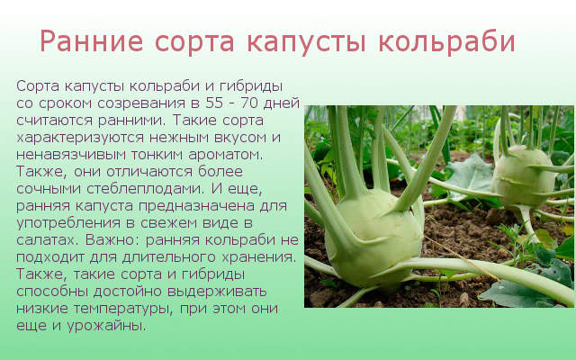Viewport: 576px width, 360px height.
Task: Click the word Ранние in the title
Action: coord(92,41)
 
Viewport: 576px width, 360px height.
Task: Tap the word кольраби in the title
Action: coord(446,41)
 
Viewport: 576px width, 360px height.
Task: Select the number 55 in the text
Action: coord(214,103)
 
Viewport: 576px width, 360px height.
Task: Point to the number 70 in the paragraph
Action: coord(249,103)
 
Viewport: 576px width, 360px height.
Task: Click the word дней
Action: coord(282,104)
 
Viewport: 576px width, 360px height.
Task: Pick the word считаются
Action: coord(54,121)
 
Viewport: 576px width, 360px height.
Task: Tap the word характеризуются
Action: coord(80,138)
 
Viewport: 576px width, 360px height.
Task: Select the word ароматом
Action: coord(226,155)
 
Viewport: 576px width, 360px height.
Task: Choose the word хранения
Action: coord(258,257)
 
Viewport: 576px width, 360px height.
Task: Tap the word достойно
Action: coord(128,292)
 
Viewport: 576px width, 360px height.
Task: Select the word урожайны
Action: coord(106,326)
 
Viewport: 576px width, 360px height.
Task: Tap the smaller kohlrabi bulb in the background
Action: coord(524,176)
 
